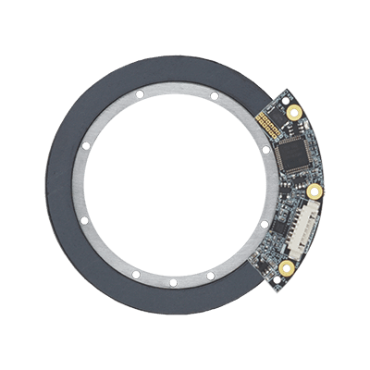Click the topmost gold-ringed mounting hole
(294, 113)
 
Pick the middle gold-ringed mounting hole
(315, 192)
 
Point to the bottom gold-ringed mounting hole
(286, 269)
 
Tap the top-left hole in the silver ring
(136, 94)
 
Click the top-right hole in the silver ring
(213, 94)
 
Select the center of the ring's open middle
(174, 185)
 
